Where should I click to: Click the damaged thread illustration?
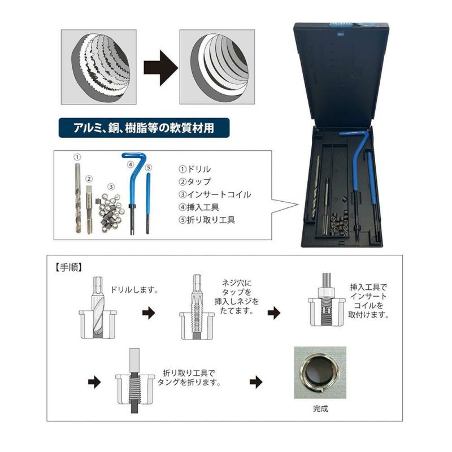click(x=98, y=67)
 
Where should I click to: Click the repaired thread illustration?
click(x=217, y=67)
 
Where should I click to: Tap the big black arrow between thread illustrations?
click(x=160, y=68)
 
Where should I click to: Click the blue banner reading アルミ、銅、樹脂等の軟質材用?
click(x=144, y=128)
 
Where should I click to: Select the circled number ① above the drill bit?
click(x=77, y=157)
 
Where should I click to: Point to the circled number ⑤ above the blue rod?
click(x=149, y=167)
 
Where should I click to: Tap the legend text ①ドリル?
click(x=194, y=169)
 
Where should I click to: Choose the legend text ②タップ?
click(x=194, y=182)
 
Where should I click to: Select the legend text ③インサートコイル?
click(x=215, y=194)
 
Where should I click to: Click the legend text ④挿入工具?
click(x=199, y=207)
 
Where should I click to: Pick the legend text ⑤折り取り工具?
click(x=207, y=220)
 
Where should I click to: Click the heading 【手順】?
click(x=68, y=267)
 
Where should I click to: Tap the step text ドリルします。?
click(x=134, y=290)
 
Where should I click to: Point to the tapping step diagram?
click(x=197, y=307)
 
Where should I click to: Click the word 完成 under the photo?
click(x=320, y=408)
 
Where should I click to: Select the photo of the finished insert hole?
click(x=320, y=373)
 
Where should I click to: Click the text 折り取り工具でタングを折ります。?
click(x=189, y=377)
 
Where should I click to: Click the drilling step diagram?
click(x=98, y=308)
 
